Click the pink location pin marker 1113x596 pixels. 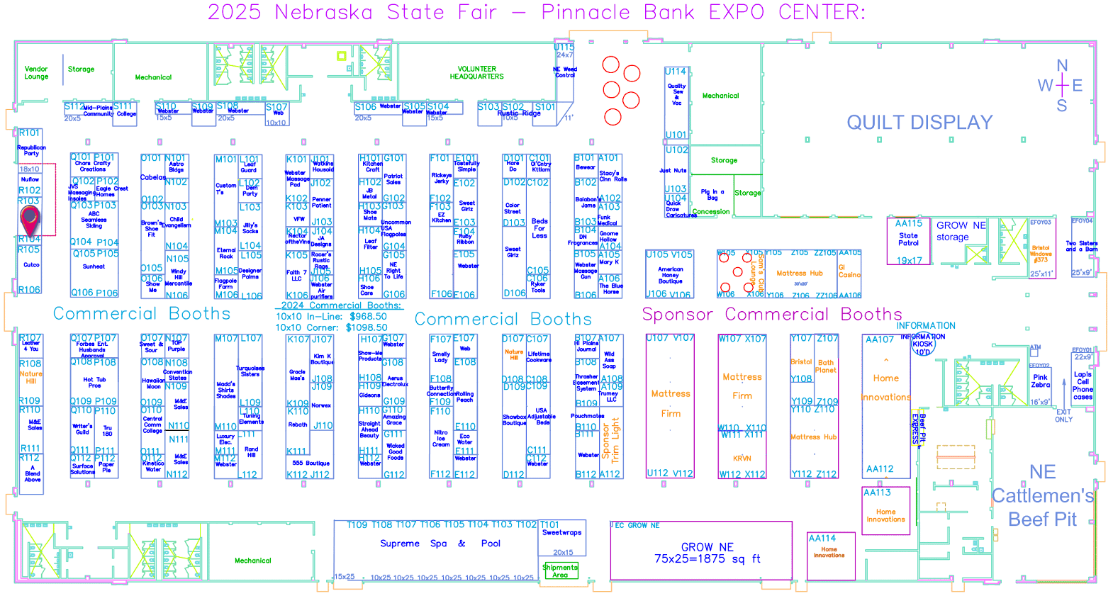[30, 220]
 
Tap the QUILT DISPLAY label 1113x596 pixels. [919, 123]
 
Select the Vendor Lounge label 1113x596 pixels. [36, 73]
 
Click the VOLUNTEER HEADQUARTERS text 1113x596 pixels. [476, 73]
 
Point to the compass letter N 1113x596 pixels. [1062, 66]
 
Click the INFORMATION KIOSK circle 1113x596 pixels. [922, 344]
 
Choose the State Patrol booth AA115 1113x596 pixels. [908, 241]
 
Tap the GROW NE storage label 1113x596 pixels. [961, 231]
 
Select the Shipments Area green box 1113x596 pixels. [560, 571]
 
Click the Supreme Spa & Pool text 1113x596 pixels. [440, 544]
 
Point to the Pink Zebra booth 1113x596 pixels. [1040, 381]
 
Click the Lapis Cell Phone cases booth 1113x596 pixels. [1083, 385]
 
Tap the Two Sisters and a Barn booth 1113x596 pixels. [1082, 246]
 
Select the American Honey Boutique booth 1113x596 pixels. [670, 275]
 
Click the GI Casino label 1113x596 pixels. [849, 271]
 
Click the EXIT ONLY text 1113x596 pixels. [1063, 416]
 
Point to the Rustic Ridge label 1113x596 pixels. [519, 113]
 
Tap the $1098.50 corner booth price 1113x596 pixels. [367, 327]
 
